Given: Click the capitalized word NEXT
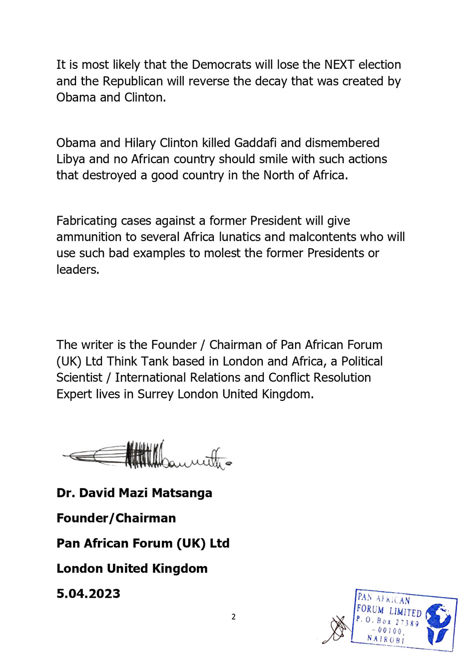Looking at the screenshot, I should pos(339,65).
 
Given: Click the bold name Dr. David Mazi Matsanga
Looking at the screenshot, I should pos(134,493).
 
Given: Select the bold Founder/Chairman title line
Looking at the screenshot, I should pos(116,518).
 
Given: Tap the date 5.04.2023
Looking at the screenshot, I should pos(88,594).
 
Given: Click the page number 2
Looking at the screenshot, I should pos(233,617).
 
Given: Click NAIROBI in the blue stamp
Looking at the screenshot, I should pos(385,639).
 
